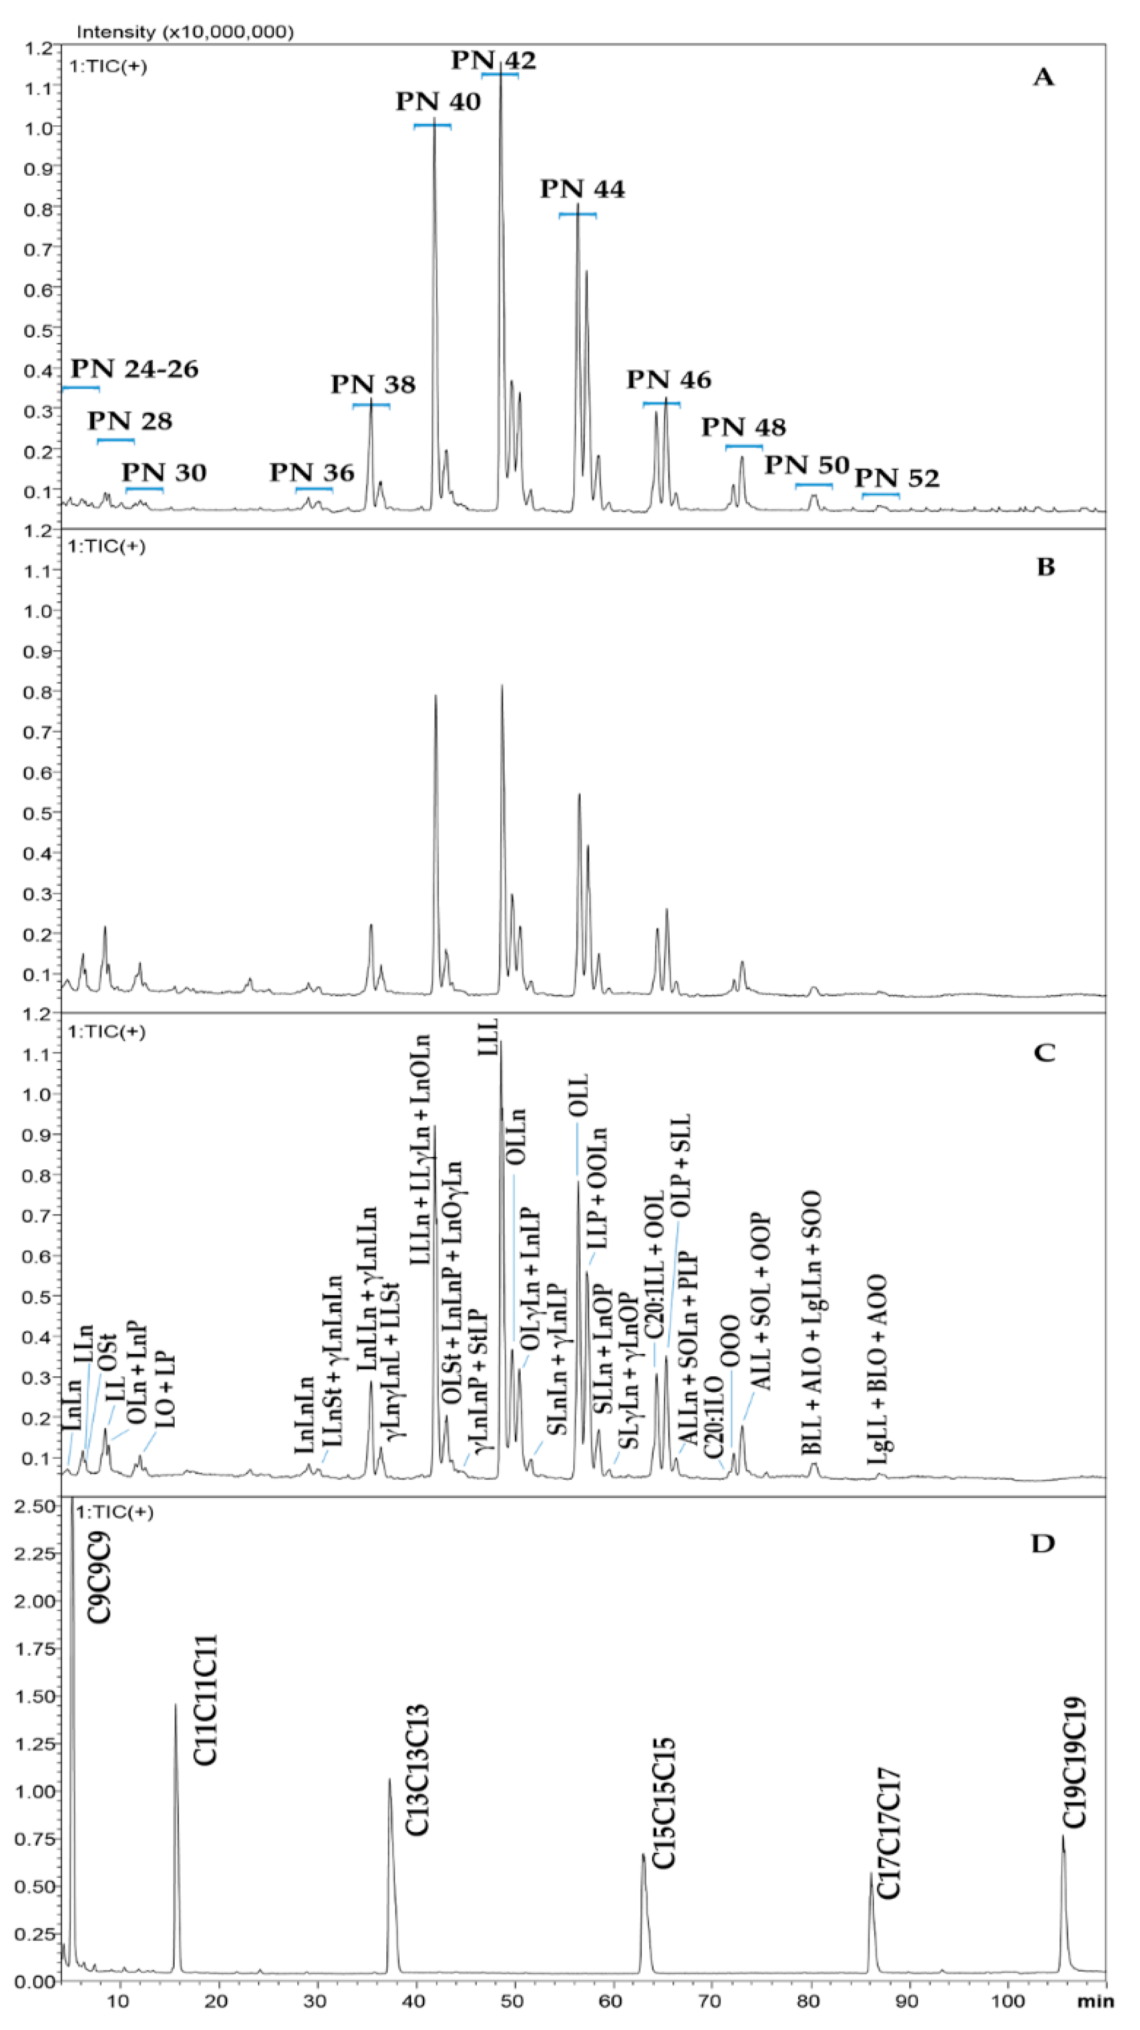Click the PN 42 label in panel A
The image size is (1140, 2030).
[493, 61]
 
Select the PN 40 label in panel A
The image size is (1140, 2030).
[438, 102]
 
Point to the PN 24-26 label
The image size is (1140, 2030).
[135, 369]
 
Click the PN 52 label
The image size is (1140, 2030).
[897, 478]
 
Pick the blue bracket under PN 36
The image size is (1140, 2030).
[314, 489]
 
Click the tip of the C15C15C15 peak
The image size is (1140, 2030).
[643, 1855]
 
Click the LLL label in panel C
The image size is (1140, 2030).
[489, 1036]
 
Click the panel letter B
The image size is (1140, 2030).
[1045, 568]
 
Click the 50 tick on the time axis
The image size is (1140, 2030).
[514, 2001]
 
